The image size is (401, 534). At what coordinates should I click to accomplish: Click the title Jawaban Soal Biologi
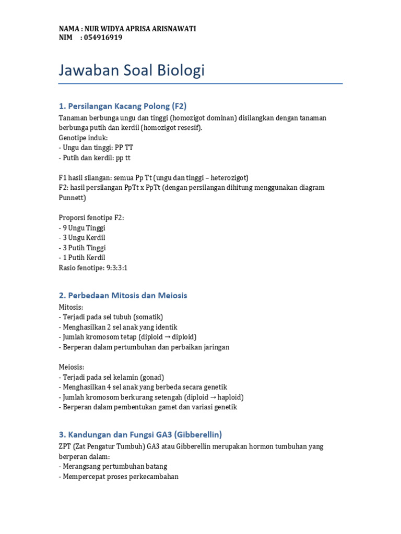point(132,70)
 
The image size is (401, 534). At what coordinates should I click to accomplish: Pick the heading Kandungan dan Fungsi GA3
point(140,434)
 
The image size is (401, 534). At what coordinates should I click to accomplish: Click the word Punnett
point(72,198)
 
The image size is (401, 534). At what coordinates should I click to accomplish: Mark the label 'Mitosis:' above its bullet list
point(71,307)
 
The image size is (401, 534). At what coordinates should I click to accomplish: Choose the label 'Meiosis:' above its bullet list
point(71,367)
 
